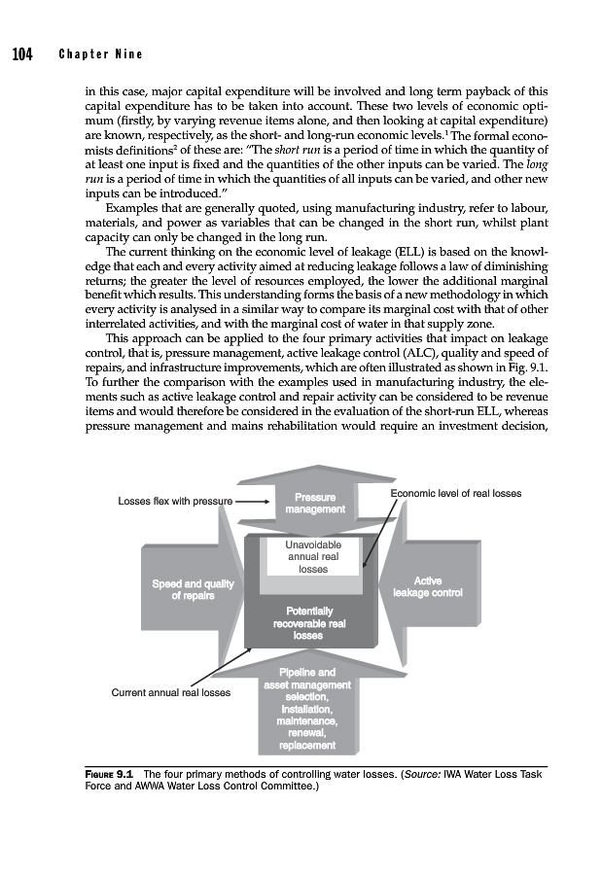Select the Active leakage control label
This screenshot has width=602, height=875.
(x=428, y=586)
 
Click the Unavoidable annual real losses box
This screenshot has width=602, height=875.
(x=312, y=557)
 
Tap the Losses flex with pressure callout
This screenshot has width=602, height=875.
(x=175, y=502)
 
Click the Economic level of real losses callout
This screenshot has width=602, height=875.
(x=455, y=494)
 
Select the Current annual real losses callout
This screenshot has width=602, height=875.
(x=170, y=693)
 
